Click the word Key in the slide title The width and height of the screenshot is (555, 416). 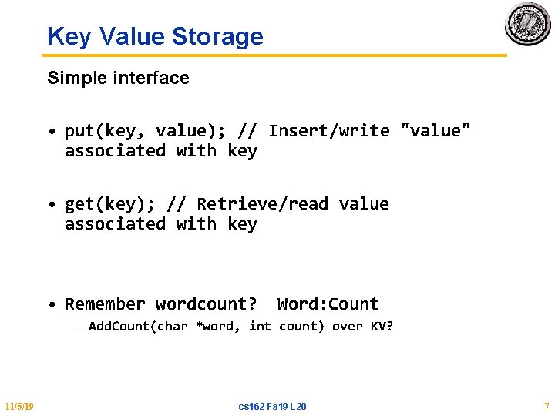tap(68, 36)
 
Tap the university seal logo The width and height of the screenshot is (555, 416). tap(527, 24)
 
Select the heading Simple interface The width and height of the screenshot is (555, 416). tap(118, 78)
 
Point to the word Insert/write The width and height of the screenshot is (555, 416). tap(329, 131)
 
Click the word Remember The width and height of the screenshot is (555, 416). tap(105, 304)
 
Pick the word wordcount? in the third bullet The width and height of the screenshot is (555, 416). tap(206, 304)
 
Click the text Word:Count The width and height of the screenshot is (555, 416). tap(328, 304)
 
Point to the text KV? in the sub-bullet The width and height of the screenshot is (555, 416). tap(382, 327)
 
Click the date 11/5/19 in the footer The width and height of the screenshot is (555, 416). tap(18, 406)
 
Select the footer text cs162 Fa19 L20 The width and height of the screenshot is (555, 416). tap(272, 406)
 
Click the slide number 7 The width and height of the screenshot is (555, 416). tap(546, 406)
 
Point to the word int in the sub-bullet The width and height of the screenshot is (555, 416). tap(260, 327)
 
